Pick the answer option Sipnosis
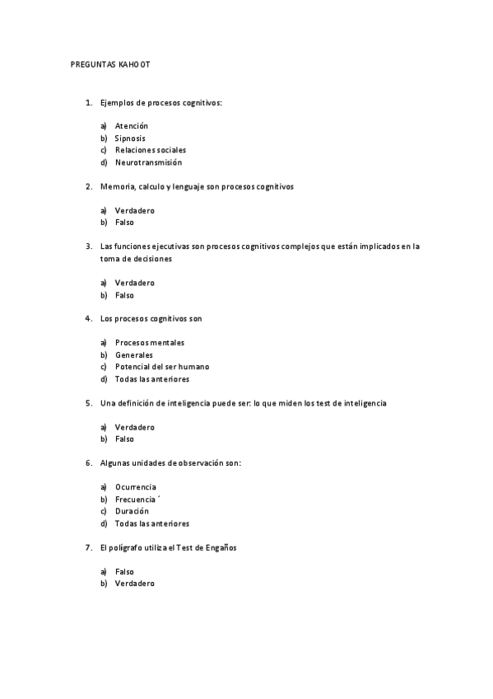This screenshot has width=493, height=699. (x=130, y=138)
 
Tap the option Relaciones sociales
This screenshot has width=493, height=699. (x=151, y=150)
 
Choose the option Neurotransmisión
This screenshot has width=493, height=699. (x=148, y=162)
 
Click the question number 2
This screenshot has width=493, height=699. (x=88, y=187)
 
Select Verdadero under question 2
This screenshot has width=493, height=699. (x=135, y=211)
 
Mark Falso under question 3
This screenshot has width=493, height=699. (x=124, y=295)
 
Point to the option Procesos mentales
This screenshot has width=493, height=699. (x=150, y=343)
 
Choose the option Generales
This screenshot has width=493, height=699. (x=134, y=355)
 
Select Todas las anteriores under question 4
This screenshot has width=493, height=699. (x=152, y=379)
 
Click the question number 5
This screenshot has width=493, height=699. (x=88, y=403)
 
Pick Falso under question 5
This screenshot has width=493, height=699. (x=124, y=439)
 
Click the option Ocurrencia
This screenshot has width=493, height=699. (x=136, y=487)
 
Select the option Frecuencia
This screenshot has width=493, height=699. (x=136, y=500)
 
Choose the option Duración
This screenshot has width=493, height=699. (x=132, y=511)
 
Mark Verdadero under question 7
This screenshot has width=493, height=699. (x=135, y=584)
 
